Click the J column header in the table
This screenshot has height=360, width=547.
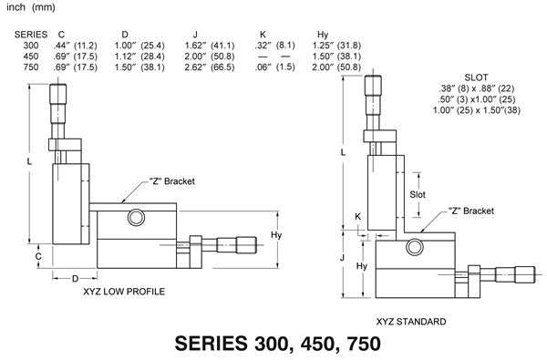(195, 35)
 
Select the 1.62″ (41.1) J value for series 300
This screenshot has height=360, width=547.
(210, 46)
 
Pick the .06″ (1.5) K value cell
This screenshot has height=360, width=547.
(274, 67)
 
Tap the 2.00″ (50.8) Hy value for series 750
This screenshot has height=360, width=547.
(336, 67)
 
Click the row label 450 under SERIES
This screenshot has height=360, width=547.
(31, 57)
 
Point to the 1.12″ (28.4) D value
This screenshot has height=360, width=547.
(139, 57)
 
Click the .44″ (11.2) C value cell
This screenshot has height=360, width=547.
(75, 46)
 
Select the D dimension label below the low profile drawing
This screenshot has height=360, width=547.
(76, 278)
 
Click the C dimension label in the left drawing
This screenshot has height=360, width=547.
(38, 256)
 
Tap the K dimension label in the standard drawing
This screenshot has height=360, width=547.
(358, 217)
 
